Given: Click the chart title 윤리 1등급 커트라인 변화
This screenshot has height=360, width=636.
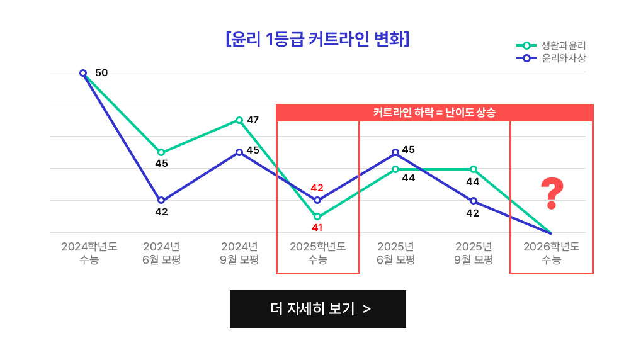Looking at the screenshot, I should (x=317, y=39).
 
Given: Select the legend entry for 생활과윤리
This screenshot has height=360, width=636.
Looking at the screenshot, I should (x=551, y=45).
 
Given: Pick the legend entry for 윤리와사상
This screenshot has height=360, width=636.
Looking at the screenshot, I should (x=551, y=58).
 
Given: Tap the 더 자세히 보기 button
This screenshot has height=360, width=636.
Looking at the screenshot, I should (x=317, y=309).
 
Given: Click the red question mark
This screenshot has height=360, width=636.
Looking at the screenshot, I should (x=551, y=194).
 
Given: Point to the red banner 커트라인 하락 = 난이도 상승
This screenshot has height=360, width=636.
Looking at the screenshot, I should (x=434, y=113).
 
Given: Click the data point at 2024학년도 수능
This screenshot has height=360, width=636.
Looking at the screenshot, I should (x=83, y=73).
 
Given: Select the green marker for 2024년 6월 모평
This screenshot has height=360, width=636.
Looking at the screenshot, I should (x=161, y=152).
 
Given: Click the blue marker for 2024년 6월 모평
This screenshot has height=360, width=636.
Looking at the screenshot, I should (x=161, y=200).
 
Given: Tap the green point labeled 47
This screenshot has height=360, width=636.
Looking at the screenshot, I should (x=239, y=120).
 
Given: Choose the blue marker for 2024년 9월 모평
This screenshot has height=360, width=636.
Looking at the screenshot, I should (x=239, y=152).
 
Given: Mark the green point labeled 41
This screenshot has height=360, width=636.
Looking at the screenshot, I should (x=317, y=217).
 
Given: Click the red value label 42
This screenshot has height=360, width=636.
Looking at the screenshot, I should (x=317, y=188).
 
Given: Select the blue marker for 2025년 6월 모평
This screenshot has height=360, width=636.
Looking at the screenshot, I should (x=395, y=152).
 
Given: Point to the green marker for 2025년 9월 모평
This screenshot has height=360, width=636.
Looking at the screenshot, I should (x=474, y=169).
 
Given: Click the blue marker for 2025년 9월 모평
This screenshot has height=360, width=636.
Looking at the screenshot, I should (x=474, y=201).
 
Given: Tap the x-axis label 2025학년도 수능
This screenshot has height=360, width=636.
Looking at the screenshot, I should (x=317, y=252).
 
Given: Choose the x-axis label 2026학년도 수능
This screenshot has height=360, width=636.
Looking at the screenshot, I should (x=551, y=252).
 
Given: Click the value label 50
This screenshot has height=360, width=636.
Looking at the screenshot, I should (x=101, y=73).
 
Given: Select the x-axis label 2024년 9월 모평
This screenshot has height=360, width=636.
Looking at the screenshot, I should (x=239, y=252).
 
